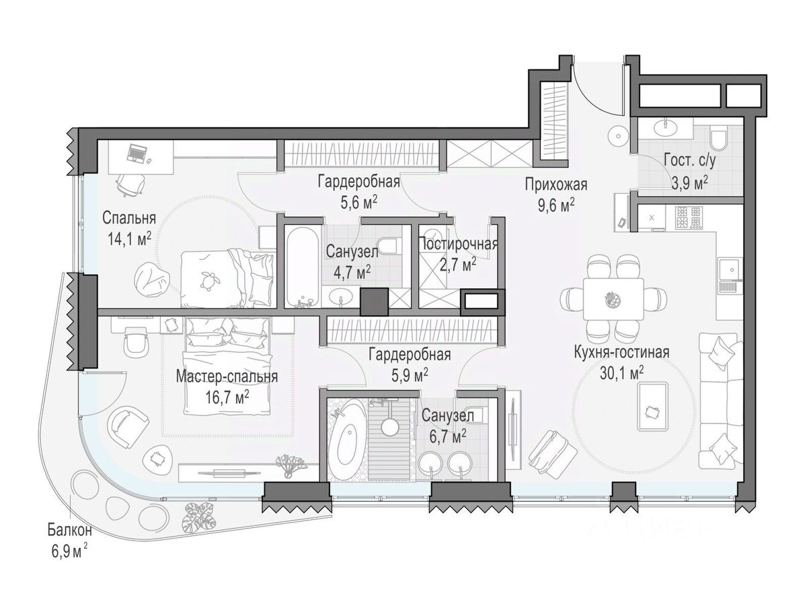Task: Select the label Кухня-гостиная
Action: click(x=621, y=352)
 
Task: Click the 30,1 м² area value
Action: click(x=621, y=374)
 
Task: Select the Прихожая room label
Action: click(x=556, y=184)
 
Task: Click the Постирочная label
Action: click(x=458, y=244)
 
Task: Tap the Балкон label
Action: click(x=70, y=530)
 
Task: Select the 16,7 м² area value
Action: click(x=227, y=398)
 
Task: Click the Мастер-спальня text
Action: click(x=227, y=377)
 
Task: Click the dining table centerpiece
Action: click(x=612, y=298)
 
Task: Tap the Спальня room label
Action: click(x=129, y=217)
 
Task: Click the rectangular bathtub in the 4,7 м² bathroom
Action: click(x=303, y=267)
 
